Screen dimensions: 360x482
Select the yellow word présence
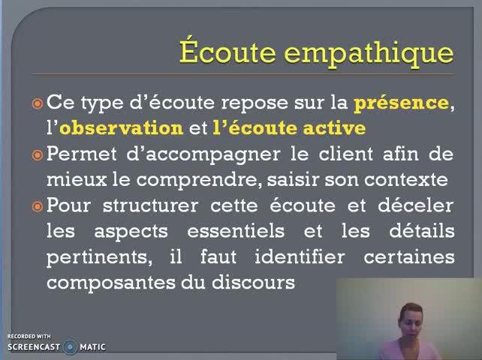401,103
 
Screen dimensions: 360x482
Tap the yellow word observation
121,128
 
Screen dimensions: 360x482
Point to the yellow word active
334,128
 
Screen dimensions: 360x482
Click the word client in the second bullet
326,154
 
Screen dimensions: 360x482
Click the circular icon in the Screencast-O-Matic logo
71,346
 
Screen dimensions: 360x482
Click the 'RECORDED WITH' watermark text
29,336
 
